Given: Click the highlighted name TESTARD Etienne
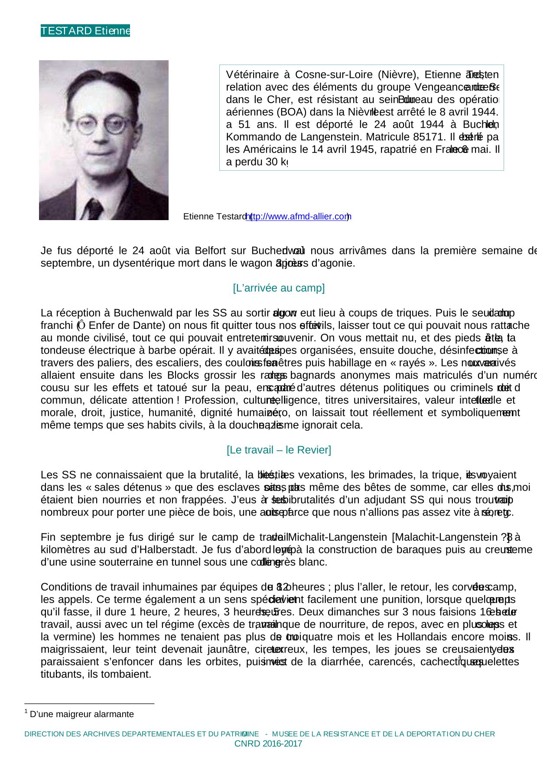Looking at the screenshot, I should [x=85, y=31].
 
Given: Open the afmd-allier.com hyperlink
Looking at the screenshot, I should [x=298, y=217].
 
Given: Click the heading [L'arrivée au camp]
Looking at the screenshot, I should [x=279, y=288].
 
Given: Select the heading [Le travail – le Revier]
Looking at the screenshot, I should [x=279, y=450].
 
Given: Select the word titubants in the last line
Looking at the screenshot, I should [x=59, y=675].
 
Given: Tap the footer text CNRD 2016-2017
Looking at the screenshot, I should [x=268, y=744].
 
